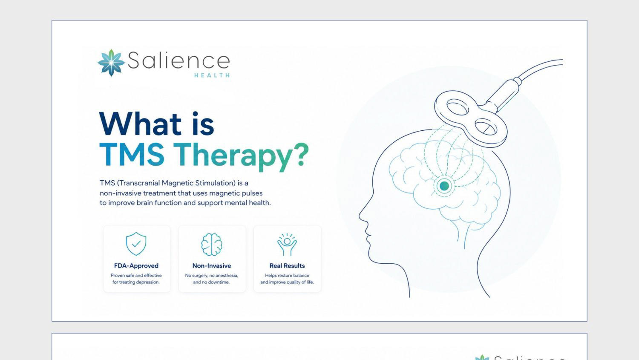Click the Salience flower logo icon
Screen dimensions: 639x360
[x=111, y=63]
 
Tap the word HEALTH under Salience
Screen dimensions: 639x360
[x=212, y=75]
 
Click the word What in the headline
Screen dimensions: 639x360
[x=140, y=124]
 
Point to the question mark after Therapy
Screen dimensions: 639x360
[x=301, y=154]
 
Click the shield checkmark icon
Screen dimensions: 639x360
[x=136, y=244]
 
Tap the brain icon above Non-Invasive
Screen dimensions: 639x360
[x=212, y=244]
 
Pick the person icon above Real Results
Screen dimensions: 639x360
[x=287, y=244]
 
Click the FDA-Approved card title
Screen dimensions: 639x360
[x=136, y=265]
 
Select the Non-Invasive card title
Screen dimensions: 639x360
[x=212, y=265]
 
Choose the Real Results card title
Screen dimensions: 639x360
[x=287, y=265]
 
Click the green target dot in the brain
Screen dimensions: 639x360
[x=444, y=186]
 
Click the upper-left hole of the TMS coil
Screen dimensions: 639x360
[x=458, y=107]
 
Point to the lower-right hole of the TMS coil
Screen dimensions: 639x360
[x=486, y=127]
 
